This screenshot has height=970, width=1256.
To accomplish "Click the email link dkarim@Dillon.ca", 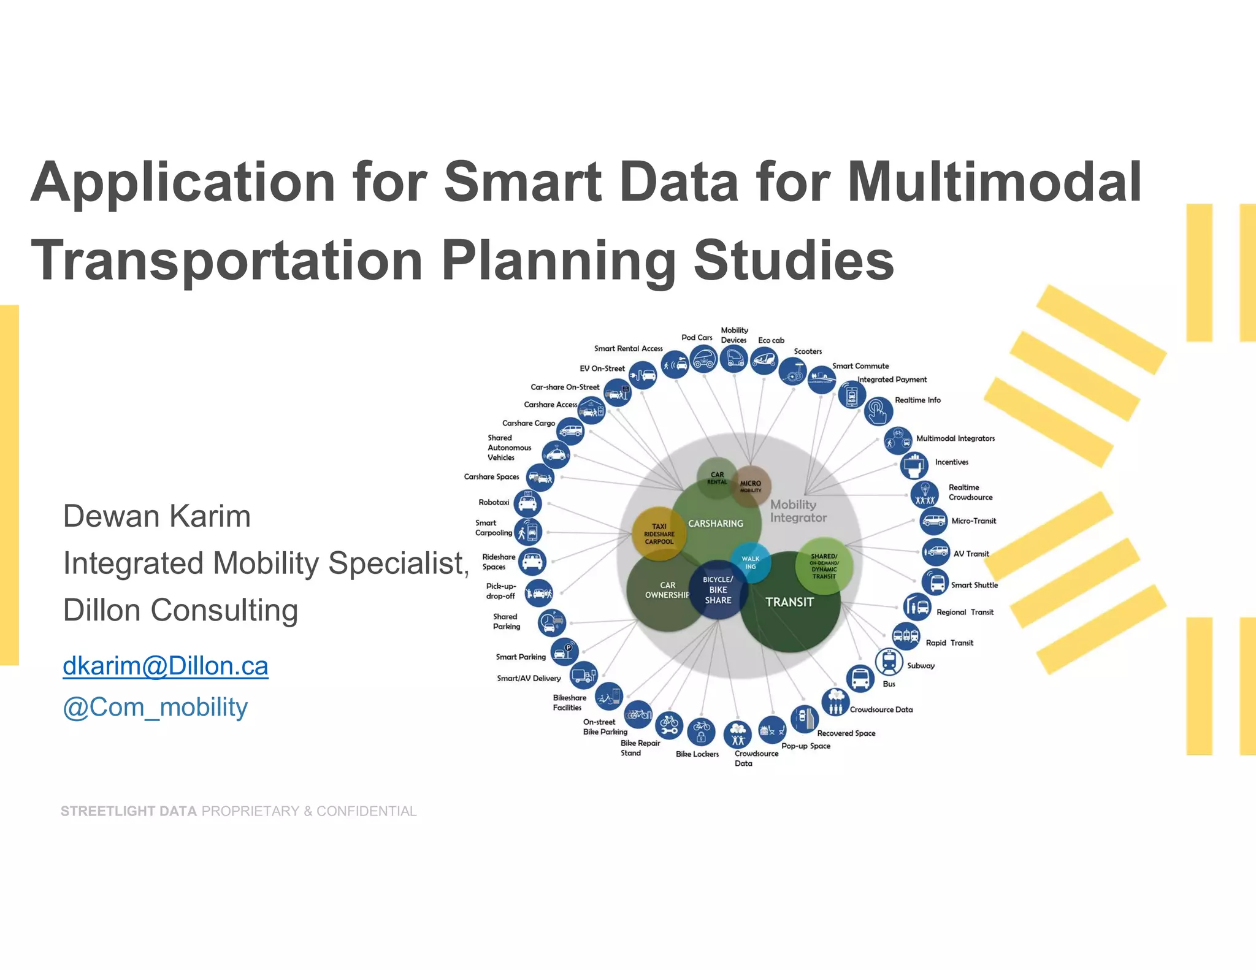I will point(165,666).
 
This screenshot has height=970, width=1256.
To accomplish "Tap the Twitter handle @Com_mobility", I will point(155,707).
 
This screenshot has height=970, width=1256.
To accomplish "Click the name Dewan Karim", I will point(157,516).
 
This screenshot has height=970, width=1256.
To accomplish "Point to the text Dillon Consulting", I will point(180,610).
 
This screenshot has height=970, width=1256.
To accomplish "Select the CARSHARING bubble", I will point(716,523).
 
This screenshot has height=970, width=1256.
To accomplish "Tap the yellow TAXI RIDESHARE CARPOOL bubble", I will point(659,533).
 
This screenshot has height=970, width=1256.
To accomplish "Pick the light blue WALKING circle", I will point(750,562).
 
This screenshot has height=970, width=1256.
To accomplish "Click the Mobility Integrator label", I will point(798,511).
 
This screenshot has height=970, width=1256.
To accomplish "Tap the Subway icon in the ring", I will point(889,661).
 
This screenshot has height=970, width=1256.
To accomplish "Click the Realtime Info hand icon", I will point(878,411).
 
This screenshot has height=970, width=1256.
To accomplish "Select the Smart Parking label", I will point(521,657).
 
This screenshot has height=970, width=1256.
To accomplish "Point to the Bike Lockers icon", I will point(701,731).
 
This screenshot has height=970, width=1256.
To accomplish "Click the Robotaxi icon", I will point(527,503).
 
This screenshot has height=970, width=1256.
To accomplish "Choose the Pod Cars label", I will point(697,337).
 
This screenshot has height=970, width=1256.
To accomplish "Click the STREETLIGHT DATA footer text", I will point(129,811).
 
